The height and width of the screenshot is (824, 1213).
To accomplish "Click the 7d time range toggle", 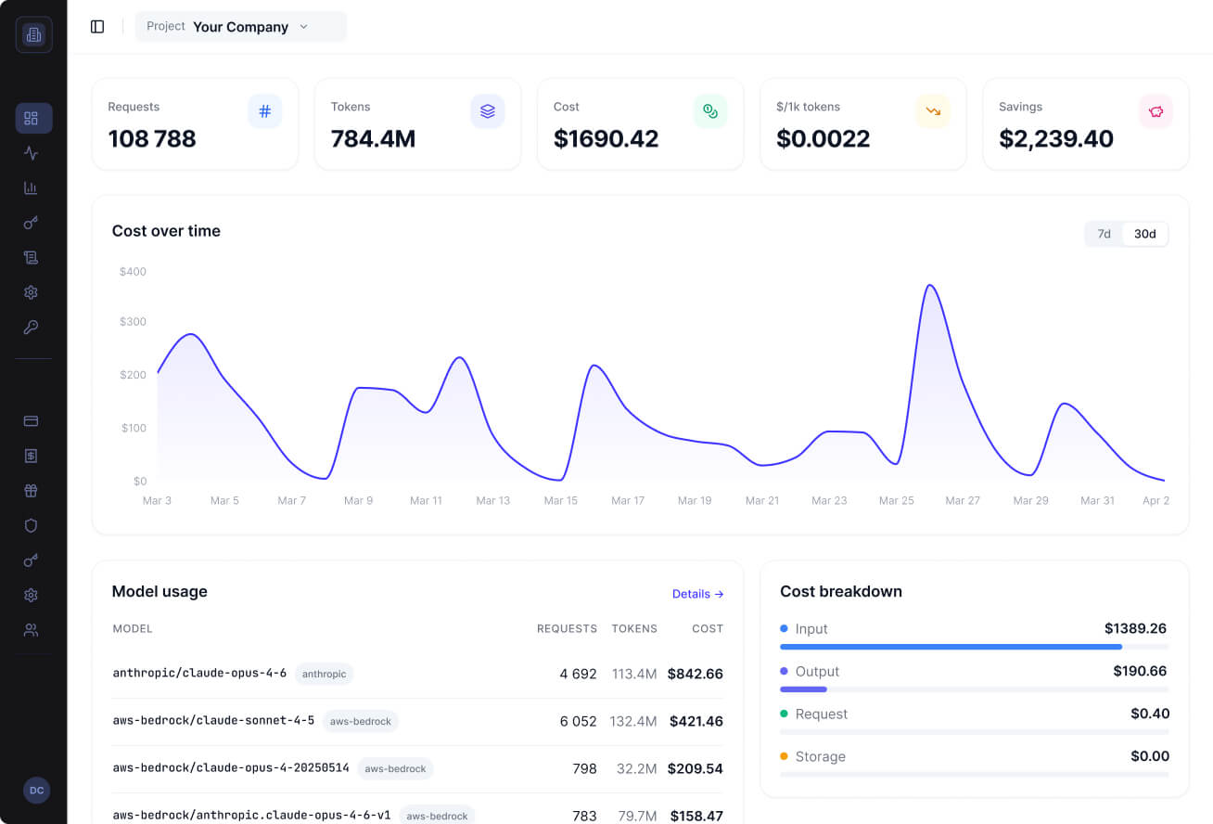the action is click(x=1104, y=234).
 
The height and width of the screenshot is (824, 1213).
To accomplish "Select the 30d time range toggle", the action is click(x=1144, y=234).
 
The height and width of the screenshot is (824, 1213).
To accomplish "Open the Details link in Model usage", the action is click(x=697, y=594).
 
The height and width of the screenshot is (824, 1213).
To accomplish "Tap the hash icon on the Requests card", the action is click(x=265, y=111).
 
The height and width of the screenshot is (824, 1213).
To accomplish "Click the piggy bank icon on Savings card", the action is click(x=1156, y=111).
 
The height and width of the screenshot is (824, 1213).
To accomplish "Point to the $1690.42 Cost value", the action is click(x=606, y=138).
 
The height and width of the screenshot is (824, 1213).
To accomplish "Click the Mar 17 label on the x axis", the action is click(x=628, y=500).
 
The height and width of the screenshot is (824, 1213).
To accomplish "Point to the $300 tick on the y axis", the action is click(x=133, y=322).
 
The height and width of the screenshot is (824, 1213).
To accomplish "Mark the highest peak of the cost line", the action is click(x=930, y=285).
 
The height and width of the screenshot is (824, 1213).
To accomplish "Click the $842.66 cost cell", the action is click(x=696, y=674).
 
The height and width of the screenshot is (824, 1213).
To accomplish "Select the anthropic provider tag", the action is click(x=324, y=674).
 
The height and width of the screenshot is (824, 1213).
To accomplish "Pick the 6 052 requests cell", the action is click(x=578, y=721).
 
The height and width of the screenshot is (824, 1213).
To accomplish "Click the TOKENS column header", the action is click(x=634, y=628).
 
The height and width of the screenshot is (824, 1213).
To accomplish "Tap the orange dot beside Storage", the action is click(x=784, y=755).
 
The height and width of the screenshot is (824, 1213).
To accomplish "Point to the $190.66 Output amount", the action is click(x=1140, y=671).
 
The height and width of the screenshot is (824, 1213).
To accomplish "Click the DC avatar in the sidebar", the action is click(x=36, y=790).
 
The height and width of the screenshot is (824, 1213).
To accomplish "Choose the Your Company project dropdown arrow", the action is click(x=304, y=27).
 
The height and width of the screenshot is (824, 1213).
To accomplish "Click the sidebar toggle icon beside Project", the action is click(x=97, y=27).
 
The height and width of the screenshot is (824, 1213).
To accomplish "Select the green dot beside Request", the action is click(x=784, y=714).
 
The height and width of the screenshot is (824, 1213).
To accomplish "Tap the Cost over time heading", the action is click(x=166, y=231).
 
